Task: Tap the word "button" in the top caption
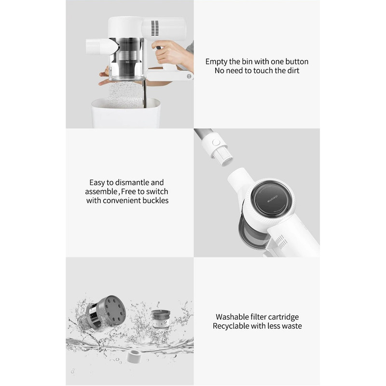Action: click(x=297, y=62)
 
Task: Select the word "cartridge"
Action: click(x=283, y=317)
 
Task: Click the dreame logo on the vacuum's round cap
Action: click(x=272, y=199)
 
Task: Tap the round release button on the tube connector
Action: click(x=216, y=142)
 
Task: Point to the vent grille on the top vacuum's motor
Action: click(x=155, y=28)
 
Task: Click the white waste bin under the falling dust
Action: click(x=126, y=113)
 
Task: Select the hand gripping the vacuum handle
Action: click(x=170, y=53)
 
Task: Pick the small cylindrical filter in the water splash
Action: click(x=161, y=319)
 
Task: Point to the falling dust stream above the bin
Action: click(x=125, y=94)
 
